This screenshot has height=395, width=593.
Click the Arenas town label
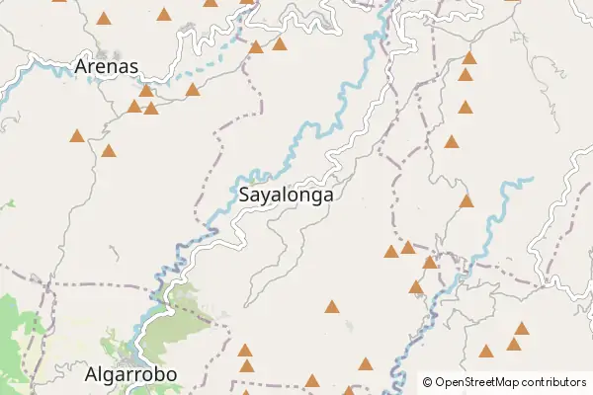pos(106,67)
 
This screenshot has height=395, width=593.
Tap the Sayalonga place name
pos(286,196)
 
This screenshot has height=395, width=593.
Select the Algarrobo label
pos(130,375)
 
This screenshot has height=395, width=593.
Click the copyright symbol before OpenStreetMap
pos(428,382)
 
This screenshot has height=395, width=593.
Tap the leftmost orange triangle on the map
pos(77,136)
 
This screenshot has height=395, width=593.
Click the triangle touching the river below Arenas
pos(146,91)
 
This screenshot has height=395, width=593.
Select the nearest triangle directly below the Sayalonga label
pos(331,307)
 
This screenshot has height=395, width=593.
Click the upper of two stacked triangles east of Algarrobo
pos(245,351)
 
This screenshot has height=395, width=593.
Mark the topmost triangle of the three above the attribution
pos(522,329)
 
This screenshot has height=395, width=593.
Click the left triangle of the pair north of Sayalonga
pos(256,47)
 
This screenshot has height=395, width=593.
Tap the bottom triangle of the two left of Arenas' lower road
pos(109,152)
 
